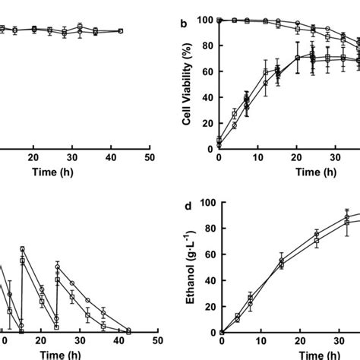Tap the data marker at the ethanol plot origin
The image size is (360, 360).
(219, 333)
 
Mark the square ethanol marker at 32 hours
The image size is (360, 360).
(346, 223)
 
